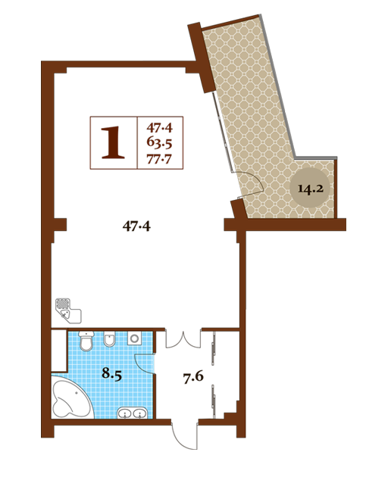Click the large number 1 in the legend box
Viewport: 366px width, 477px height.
coord(113,142)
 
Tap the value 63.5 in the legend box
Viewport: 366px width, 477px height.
coord(159,142)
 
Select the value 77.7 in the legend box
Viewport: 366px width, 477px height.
coord(159,159)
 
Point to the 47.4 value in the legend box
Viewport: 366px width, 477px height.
coord(159,127)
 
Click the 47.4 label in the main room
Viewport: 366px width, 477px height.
coord(136,226)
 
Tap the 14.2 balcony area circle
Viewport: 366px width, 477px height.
coord(310,189)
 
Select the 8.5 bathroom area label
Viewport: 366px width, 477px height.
coord(111,373)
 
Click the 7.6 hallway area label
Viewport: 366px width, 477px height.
coord(193,376)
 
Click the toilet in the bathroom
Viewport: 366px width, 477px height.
coord(86,341)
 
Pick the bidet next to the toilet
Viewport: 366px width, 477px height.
coord(110,339)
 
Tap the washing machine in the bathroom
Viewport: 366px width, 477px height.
coord(134,338)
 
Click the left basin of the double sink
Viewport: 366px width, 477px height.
coord(125,413)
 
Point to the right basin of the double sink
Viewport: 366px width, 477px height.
coord(139,413)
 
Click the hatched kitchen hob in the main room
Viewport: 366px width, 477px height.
coord(63,304)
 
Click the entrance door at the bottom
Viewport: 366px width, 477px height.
coord(185,435)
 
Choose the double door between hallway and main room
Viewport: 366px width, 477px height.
coord(183,339)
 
